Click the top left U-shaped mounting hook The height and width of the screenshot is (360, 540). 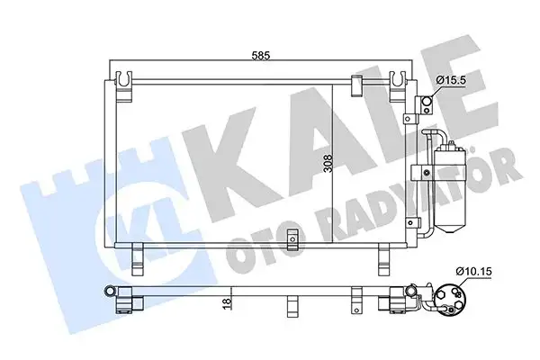(x=127, y=83)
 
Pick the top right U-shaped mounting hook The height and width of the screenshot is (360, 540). (x=398, y=83)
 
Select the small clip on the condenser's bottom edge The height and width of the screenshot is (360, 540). (x=291, y=238)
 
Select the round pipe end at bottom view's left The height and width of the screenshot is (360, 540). (x=110, y=292)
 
